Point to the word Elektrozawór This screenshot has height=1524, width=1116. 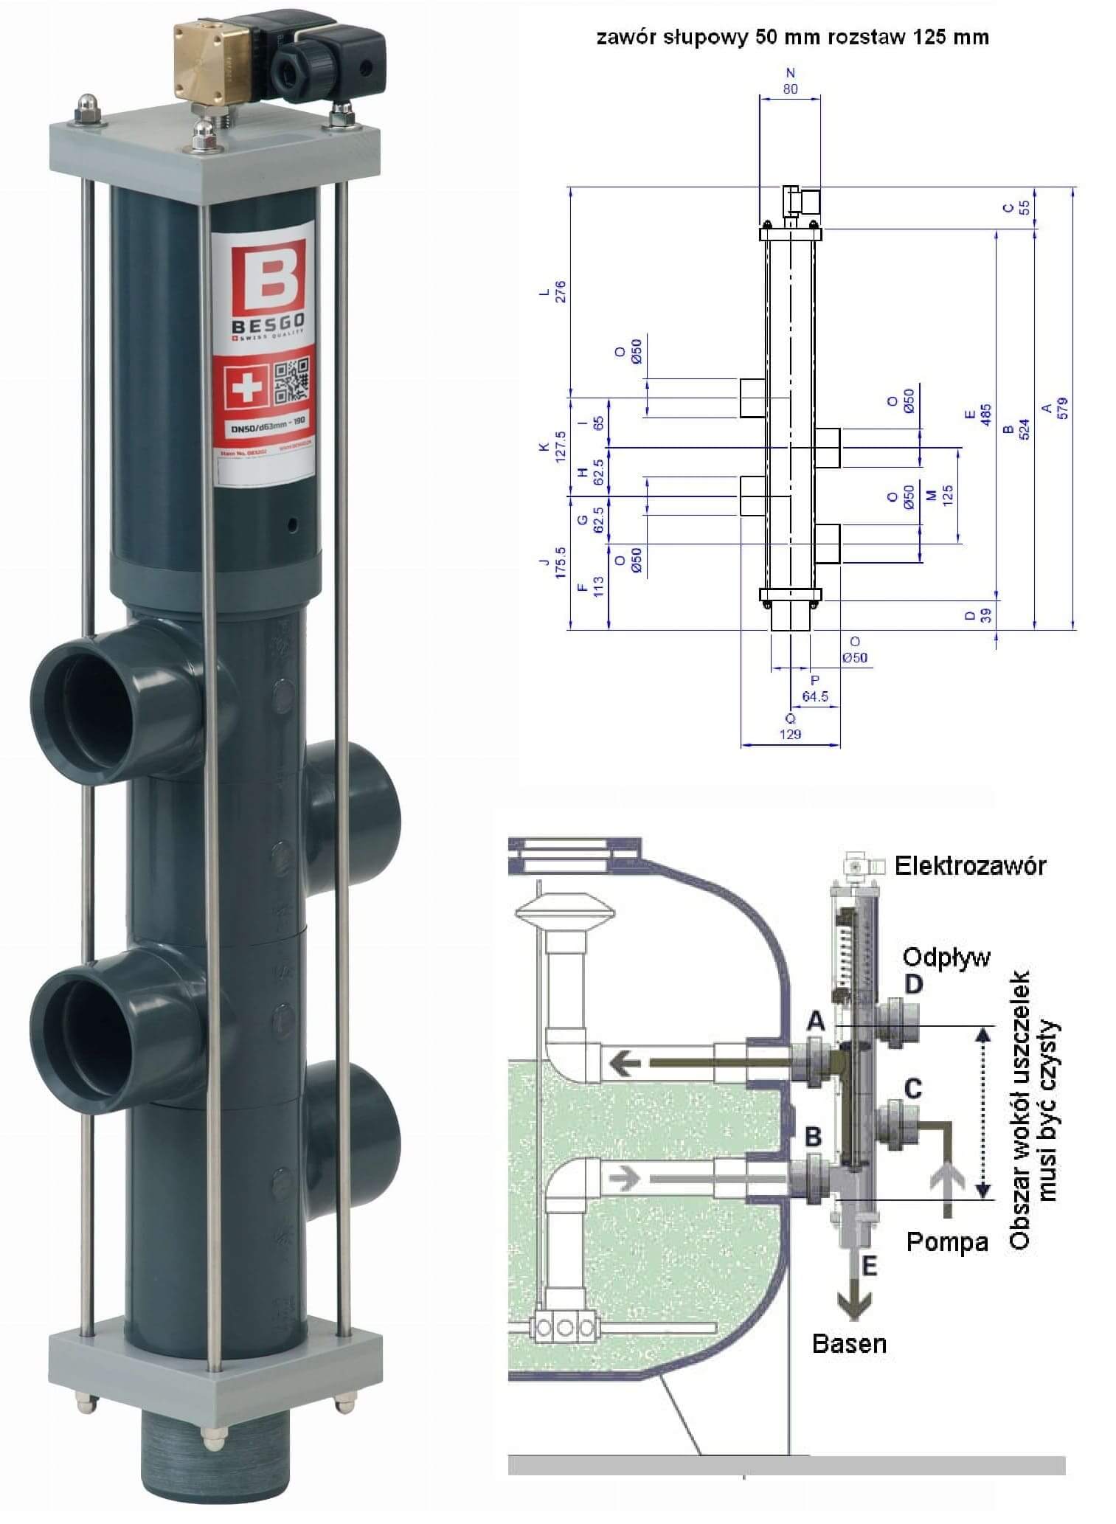970,865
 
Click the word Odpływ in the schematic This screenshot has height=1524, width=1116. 946,958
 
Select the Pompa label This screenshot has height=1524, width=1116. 946,1242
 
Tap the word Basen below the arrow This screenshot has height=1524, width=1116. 848,1343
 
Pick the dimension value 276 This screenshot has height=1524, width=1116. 561,292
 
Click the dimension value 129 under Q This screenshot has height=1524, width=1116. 790,734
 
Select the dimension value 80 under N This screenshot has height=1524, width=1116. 790,89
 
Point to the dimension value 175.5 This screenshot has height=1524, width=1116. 561,562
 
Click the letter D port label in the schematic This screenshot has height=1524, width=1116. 913,984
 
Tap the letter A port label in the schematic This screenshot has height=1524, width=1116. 814,1022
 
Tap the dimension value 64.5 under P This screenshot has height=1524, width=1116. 814,696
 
